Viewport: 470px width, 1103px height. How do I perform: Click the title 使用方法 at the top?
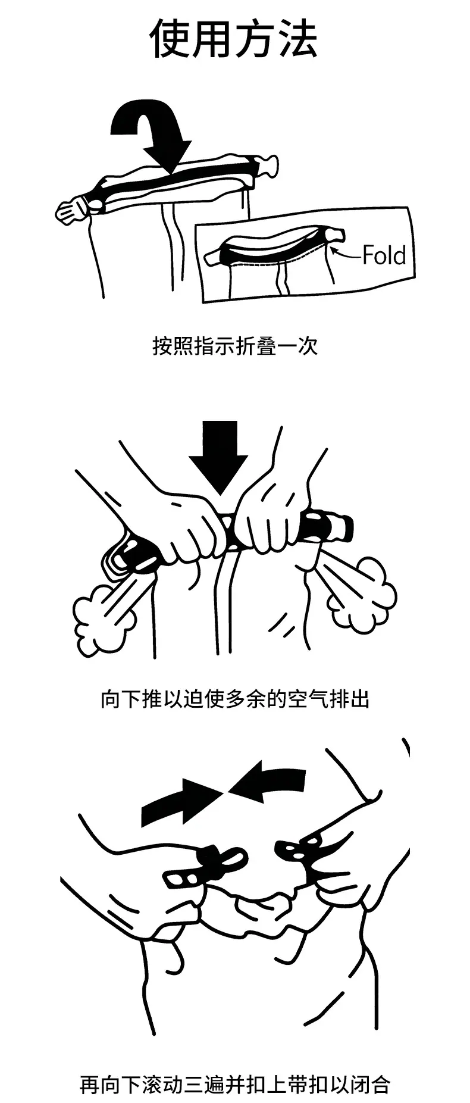[x=233, y=39]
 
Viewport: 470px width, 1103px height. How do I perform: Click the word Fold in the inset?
[x=384, y=255]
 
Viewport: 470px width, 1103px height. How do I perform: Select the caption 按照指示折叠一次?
[x=235, y=346]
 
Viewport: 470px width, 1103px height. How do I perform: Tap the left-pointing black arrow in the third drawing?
[x=266, y=781]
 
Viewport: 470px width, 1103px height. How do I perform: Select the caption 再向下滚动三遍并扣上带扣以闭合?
[x=235, y=1084]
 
